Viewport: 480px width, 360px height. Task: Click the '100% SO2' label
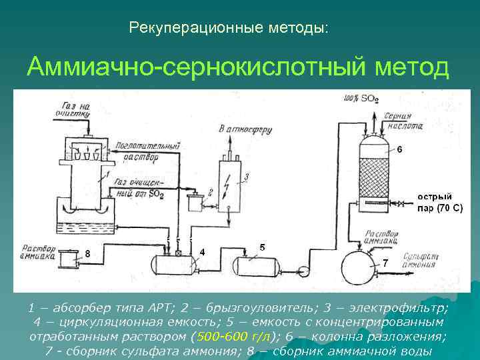(361, 99)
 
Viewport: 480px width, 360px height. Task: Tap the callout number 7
(385, 263)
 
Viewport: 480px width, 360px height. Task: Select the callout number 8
(87, 253)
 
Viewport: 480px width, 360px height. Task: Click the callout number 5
(262, 247)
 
